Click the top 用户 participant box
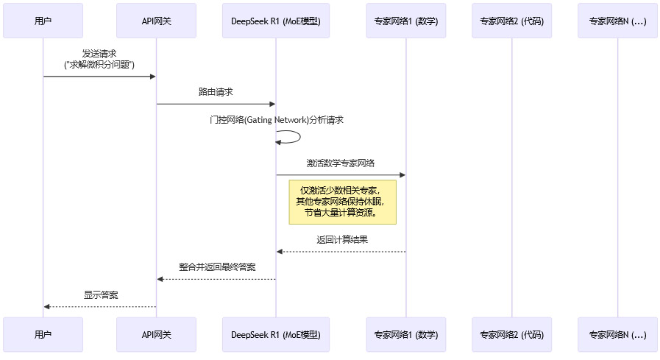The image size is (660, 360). [x=43, y=21]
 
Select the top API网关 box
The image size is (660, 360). [x=156, y=21]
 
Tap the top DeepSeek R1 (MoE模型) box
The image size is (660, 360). [x=276, y=21]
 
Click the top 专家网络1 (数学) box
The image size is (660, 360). [x=406, y=21]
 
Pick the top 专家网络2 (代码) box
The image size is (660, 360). [x=511, y=21]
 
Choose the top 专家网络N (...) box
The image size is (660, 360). [x=617, y=21]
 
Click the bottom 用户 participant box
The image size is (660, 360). [x=43, y=335]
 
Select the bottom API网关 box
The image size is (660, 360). [x=156, y=335]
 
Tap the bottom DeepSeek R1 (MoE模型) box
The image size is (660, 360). [x=276, y=335]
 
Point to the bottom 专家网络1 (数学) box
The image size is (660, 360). [x=406, y=335]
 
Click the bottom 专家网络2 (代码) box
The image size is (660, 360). [x=511, y=335]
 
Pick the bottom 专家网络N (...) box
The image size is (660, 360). [x=617, y=335]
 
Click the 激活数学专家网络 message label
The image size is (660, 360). [x=341, y=163]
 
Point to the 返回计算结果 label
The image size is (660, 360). [x=341, y=240]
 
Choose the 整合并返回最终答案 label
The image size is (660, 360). [x=217, y=267]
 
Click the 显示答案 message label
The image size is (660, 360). [x=101, y=294]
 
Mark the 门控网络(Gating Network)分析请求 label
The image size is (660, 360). [x=276, y=119]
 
